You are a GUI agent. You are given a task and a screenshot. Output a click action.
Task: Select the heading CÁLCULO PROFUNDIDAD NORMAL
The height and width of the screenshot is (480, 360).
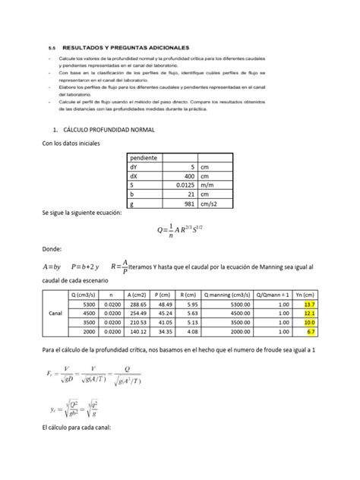tap(112, 131)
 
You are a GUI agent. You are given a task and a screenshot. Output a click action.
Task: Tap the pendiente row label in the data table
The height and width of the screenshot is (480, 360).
tap(144, 157)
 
